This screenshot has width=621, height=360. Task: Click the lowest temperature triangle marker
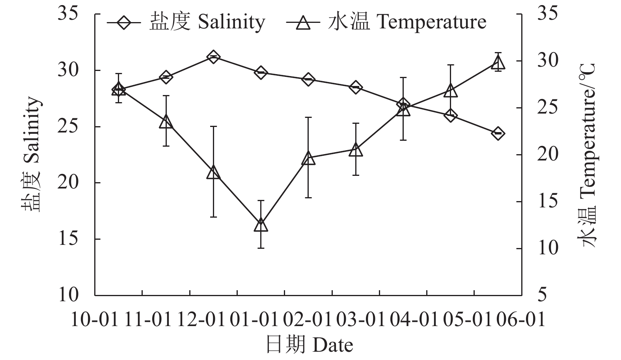[261, 225]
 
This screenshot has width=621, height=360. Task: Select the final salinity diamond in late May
[498, 133]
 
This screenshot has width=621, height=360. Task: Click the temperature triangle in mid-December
[213, 172]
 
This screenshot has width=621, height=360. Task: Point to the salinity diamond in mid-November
[166, 77]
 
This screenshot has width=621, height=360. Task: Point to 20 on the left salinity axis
[70, 183]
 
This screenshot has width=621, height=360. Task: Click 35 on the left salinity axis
[70, 14]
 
